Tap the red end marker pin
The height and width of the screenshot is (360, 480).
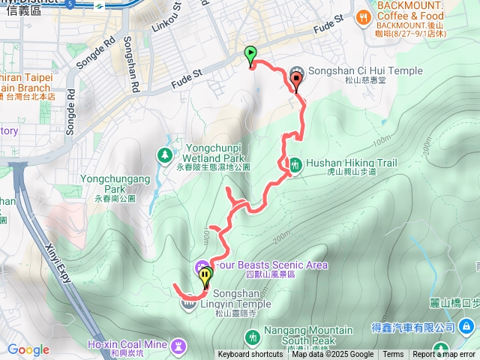pos(296,80)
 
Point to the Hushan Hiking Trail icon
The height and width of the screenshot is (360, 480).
pos(295,163)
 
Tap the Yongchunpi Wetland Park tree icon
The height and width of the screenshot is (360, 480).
pos(164,154)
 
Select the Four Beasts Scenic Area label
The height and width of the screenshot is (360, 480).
pos(270,265)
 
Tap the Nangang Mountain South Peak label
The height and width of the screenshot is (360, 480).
pos(309,330)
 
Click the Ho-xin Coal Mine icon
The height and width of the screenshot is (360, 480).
pos(178,346)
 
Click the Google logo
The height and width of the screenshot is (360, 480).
pos(28,349)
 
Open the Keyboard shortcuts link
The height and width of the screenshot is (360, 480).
pos(250,355)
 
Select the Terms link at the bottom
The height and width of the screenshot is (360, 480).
pos(393,355)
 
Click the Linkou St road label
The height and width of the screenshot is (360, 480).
pos(177,16)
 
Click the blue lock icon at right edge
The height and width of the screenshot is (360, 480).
pos(466,327)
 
